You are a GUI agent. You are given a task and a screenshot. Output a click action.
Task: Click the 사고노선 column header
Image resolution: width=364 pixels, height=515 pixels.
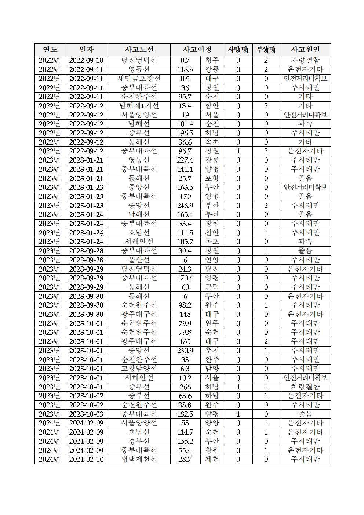point(139,50)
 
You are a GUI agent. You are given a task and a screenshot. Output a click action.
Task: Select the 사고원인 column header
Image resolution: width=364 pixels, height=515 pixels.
point(305,50)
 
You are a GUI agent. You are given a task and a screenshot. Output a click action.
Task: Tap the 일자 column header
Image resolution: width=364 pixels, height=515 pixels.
point(86,50)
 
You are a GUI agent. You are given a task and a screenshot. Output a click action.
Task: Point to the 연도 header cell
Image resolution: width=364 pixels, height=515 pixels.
point(50,50)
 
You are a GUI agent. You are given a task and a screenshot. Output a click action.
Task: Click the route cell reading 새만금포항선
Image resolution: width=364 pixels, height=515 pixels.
point(139,79)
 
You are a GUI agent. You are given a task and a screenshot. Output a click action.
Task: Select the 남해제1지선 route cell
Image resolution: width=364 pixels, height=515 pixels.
point(139,106)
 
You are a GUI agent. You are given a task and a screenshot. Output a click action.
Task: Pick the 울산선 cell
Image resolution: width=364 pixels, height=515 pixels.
point(139,260)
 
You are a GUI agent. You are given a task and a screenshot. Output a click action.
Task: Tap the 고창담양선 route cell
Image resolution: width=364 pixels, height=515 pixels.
point(139,369)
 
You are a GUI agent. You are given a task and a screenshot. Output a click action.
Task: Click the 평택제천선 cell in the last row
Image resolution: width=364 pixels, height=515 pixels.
point(139,459)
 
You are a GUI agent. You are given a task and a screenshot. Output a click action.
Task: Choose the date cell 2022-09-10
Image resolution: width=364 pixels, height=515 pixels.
point(86,60)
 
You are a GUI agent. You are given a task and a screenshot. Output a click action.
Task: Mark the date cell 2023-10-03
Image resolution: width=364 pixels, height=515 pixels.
point(86,414)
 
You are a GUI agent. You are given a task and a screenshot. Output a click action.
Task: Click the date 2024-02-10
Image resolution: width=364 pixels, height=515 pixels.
point(86,459)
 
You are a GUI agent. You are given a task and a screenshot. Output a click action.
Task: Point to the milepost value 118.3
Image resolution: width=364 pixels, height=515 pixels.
point(185,69)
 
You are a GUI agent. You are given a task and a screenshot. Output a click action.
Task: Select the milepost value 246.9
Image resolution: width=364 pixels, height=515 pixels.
point(185,206)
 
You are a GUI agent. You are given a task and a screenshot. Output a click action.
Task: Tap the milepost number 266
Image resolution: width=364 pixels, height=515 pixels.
point(185,387)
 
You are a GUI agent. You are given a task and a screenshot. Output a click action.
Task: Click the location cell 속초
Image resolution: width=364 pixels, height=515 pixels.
point(212,142)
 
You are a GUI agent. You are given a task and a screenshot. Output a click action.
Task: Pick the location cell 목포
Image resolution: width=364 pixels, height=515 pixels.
point(212,242)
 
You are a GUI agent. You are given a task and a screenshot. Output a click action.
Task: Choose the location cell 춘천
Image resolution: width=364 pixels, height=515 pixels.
point(212,351)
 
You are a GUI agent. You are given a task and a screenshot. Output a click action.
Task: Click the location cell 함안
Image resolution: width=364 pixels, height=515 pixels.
point(212,106)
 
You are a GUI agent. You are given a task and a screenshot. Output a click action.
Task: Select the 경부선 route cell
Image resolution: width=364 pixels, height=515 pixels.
point(139,441)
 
